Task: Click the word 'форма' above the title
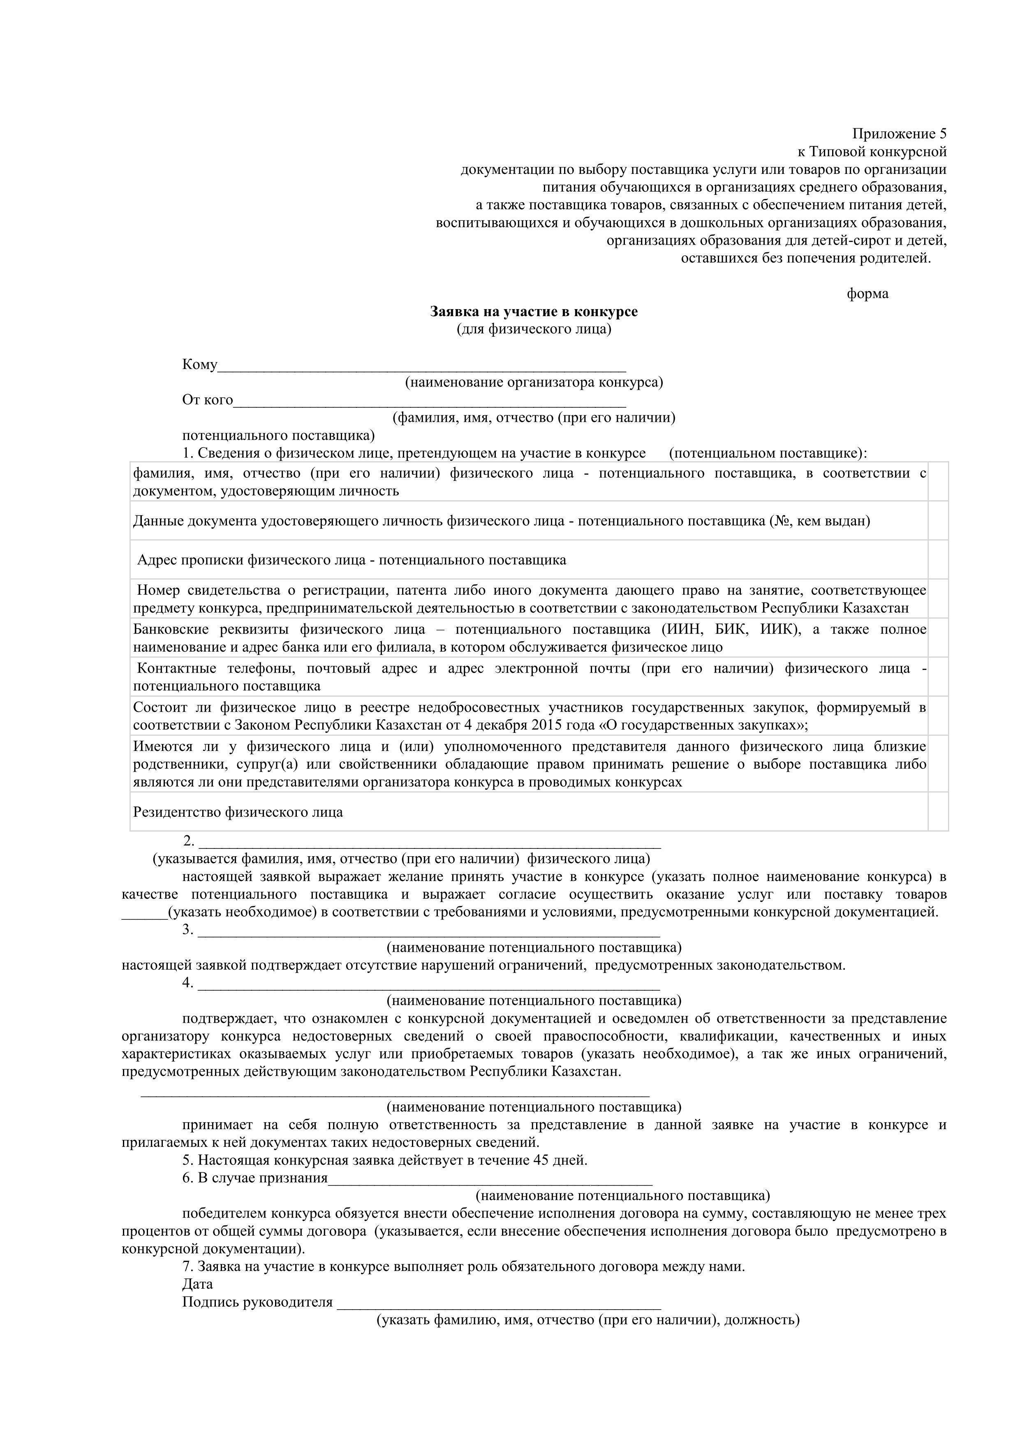click(x=867, y=294)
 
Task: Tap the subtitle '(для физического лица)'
click(x=534, y=329)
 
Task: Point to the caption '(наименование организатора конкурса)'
click(x=534, y=382)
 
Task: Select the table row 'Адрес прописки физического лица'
click(x=352, y=559)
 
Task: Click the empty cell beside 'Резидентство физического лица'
click(x=938, y=811)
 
